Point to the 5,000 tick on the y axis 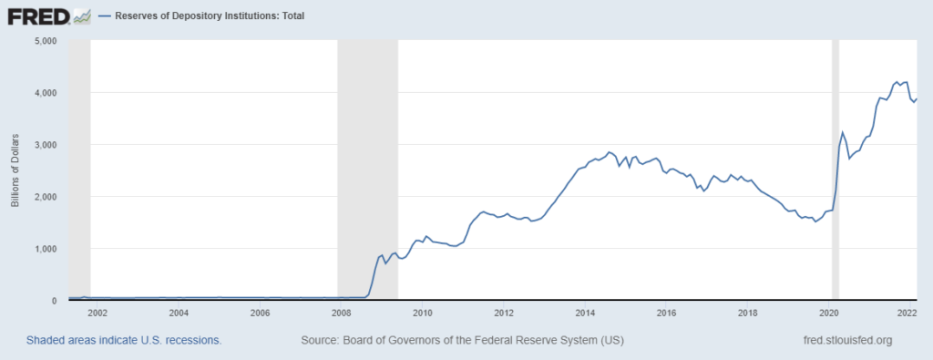(45, 41)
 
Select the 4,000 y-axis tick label (45, 93)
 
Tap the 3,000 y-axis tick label (45, 145)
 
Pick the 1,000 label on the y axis (45, 249)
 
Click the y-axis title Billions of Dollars (15, 170)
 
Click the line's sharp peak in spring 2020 (843, 132)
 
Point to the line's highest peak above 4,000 (897, 81)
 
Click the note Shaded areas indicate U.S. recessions (124, 340)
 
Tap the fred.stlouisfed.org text (843, 340)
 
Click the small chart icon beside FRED (82, 15)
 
